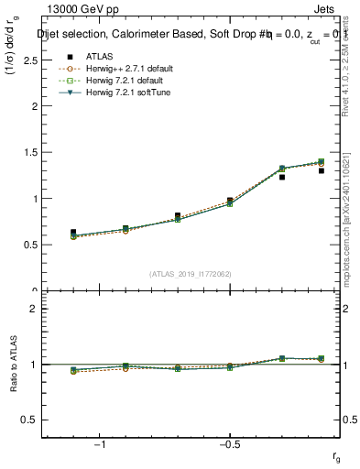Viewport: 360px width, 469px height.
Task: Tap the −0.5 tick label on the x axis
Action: point(229,444)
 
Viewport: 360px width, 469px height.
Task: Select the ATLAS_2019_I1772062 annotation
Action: point(191,273)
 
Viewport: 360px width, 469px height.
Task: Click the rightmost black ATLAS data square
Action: point(321,170)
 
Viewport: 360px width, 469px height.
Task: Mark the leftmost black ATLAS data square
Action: point(73,233)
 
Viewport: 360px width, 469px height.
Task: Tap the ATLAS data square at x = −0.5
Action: point(230,201)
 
